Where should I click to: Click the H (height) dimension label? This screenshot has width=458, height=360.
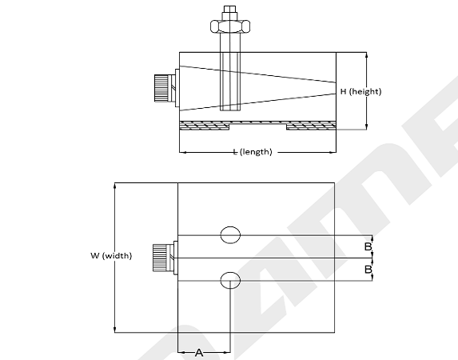[360, 91]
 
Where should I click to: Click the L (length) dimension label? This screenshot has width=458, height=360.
[253, 152]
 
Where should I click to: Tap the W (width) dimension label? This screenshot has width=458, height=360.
[111, 255]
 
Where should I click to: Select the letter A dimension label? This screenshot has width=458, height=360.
[199, 353]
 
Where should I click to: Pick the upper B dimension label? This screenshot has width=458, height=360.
[368, 246]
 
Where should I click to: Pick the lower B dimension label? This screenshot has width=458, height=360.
[368, 269]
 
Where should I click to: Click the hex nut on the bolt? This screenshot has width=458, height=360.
[230, 26]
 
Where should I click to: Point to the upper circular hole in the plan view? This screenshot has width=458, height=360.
[230, 235]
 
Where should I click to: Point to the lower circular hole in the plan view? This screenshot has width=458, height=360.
[230, 280]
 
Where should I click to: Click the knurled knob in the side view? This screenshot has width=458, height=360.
[161, 88]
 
